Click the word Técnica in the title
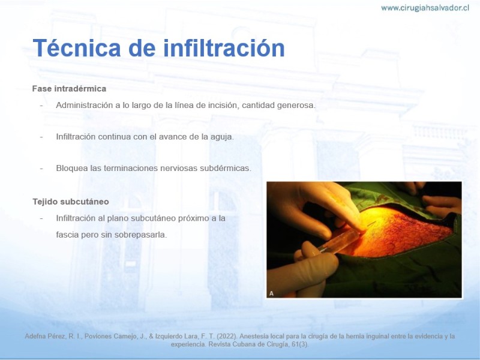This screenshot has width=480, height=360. point(77,48)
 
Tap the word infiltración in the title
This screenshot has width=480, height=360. point(224,48)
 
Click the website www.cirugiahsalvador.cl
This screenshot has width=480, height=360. point(425,8)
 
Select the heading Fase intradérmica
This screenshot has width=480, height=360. point(69,89)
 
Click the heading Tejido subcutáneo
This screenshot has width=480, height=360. point(71,202)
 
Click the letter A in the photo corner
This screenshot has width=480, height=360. point(271,293)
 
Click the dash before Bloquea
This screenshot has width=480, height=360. point(41,169)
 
